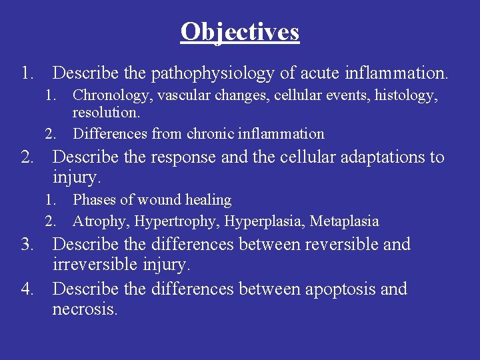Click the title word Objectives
click(240, 31)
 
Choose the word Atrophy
click(100, 221)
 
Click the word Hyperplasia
click(264, 221)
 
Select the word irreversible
click(95, 265)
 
